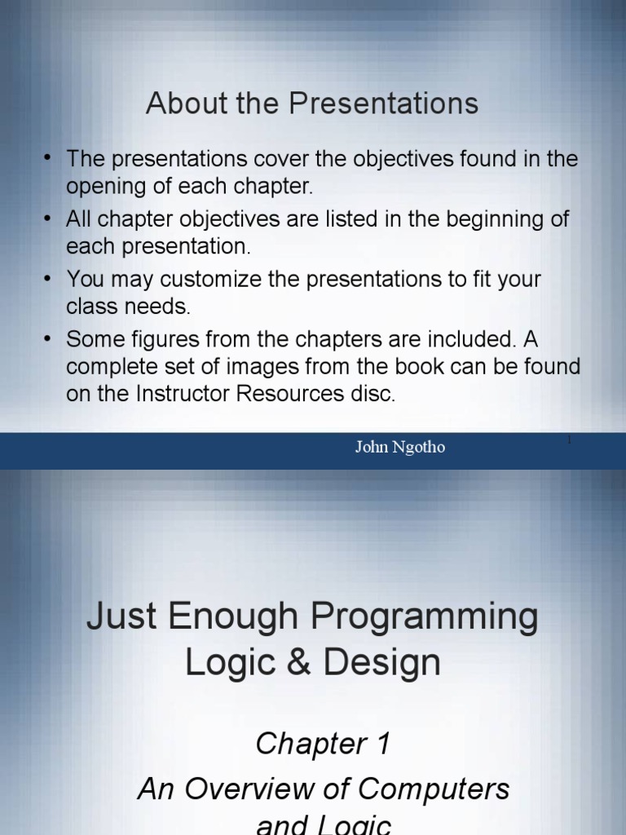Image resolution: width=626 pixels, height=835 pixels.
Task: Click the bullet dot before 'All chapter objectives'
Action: (50, 219)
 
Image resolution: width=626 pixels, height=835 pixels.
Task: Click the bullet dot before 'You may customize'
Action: (50, 279)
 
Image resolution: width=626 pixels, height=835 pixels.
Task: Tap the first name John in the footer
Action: (372, 448)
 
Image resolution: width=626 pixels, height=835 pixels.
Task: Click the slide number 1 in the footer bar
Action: (569, 441)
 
